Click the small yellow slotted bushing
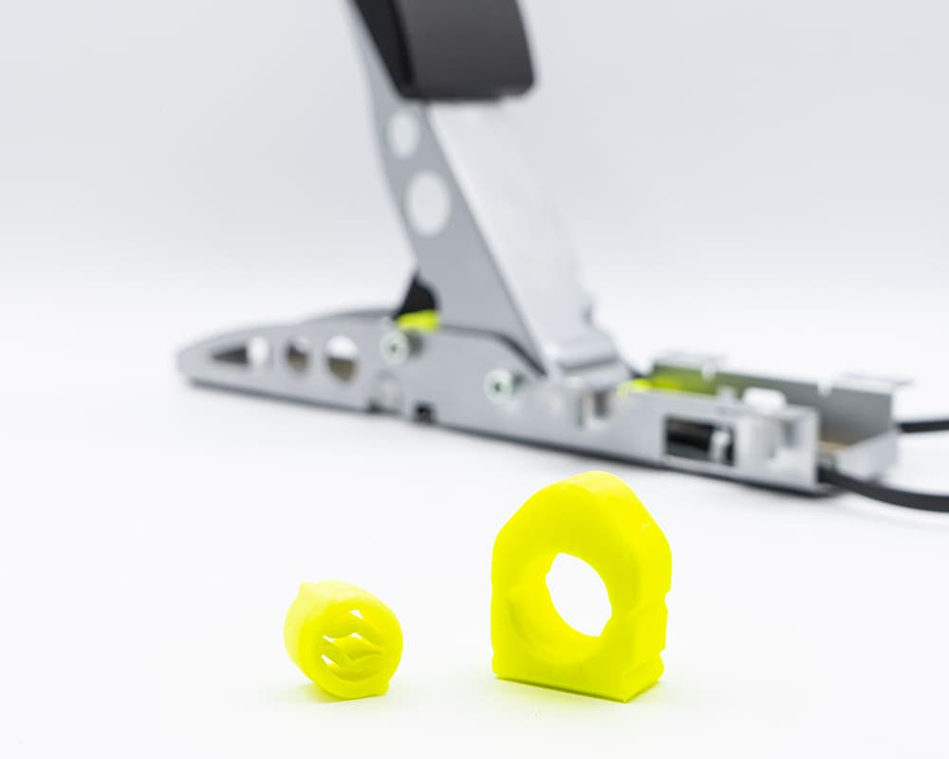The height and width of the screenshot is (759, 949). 342,639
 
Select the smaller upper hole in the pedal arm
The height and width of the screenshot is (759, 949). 402,133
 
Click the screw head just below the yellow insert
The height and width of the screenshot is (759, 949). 395,345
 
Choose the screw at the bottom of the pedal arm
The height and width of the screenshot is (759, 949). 499,384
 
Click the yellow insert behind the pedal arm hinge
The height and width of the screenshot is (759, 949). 418,320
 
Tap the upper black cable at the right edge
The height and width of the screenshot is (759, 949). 925,425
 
